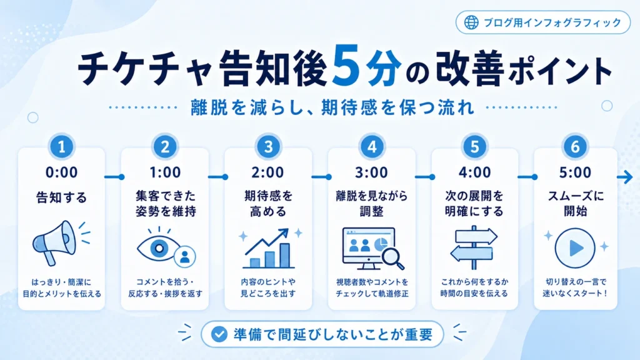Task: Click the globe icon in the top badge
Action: (x=471, y=22)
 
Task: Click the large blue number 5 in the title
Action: (x=347, y=65)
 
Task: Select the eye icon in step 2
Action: (x=159, y=247)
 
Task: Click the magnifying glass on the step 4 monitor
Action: (x=392, y=258)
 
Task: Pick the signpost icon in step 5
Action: (x=474, y=247)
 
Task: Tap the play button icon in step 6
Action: (x=575, y=247)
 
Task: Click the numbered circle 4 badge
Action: (x=371, y=146)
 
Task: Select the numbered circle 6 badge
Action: (x=575, y=146)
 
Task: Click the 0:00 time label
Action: (x=62, y=172)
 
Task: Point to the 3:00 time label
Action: (x=371, y=172)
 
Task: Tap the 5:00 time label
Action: (x=575, y=172)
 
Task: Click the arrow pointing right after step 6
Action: (x=624, y=177)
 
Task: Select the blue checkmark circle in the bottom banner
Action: (x=219, y=334)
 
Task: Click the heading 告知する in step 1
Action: (x=62, y=197)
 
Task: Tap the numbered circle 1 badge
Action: (x=62, y=146)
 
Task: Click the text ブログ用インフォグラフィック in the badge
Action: (x=552, y=22)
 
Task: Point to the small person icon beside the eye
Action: (x=185, y=256)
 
